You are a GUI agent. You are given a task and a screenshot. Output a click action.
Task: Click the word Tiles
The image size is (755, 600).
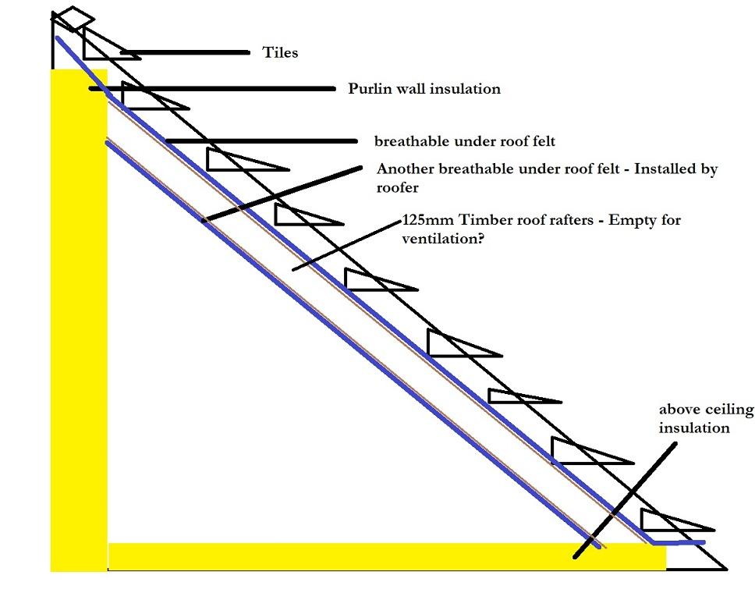click(x=280, y=52)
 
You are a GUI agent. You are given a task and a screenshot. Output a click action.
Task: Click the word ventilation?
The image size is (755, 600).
click(x=442, y=239)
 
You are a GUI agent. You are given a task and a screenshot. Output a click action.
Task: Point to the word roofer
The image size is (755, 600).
click(x=397, y=187)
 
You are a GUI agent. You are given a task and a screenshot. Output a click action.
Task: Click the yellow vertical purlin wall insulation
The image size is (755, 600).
click(x=79, y=320)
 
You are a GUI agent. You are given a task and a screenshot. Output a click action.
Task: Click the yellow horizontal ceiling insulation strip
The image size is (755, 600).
click(x=387, y=556)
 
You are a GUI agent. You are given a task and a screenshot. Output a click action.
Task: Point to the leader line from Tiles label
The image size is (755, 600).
click(x=186, y=52)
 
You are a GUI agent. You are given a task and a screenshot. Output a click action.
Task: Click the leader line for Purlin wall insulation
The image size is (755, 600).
click(x=212, y=89)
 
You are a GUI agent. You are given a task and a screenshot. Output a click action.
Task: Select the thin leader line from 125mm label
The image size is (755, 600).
click(x=347, y=246)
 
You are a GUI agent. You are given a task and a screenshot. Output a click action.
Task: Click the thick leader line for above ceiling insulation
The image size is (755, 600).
click(x=625, y=501)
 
